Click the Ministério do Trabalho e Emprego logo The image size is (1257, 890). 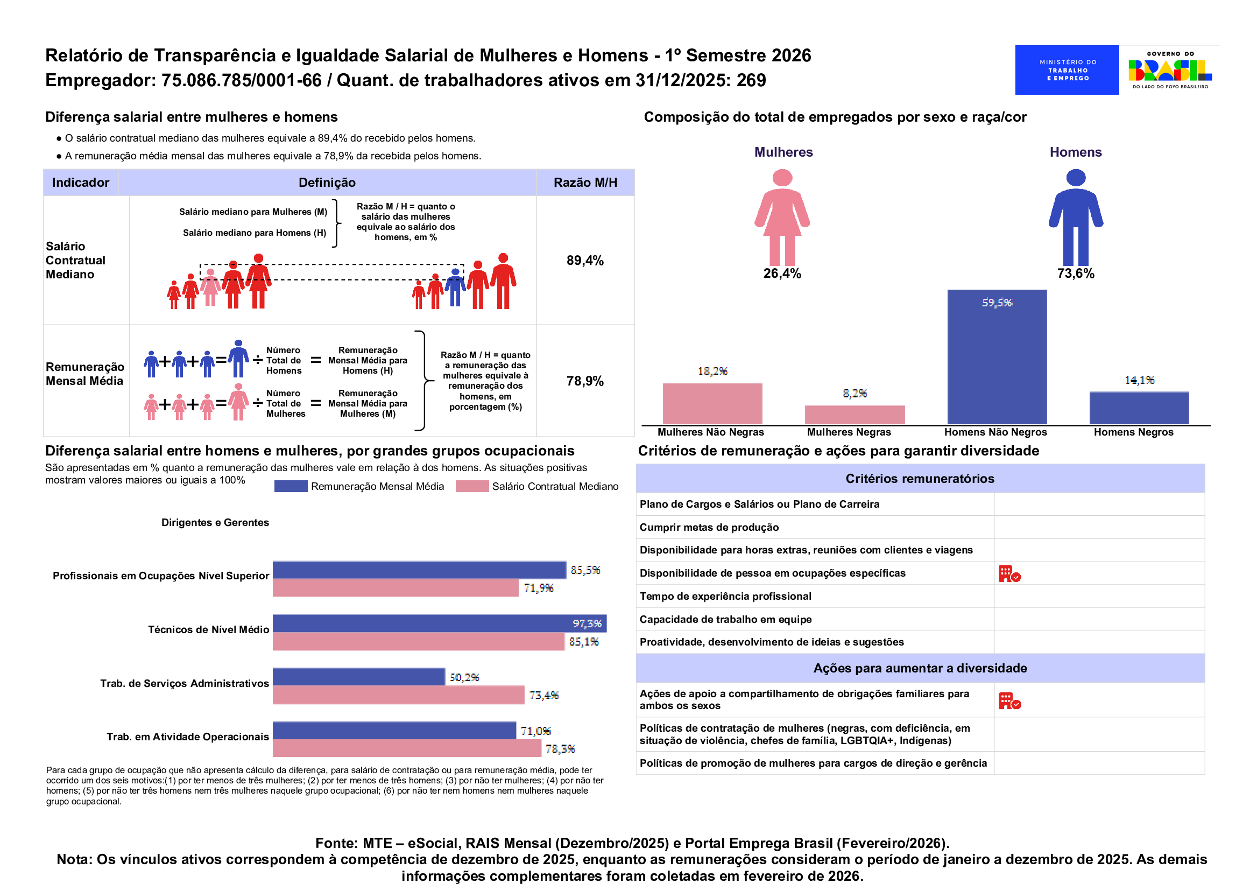click(x=1066, y=69)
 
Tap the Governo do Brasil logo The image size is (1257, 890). click(x=1169, y=69)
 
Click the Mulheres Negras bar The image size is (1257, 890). click(x=854, y=415)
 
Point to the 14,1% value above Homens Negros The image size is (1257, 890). click(x=1139, y=380)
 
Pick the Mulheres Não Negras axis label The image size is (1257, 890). click(x=710, y=432)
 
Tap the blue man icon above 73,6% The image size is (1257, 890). click(x=1075, y=217)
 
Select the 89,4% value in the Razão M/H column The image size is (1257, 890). click(x=584, y=260)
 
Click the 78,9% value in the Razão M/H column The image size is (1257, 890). click(x=584, y=381)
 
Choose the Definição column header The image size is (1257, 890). click(x=327, y=183)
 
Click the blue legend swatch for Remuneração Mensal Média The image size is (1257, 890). click(x=290, y=486)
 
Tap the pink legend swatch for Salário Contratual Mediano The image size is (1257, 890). click(x=471, y=486)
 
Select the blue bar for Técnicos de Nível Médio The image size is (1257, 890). click(x=439, y=623)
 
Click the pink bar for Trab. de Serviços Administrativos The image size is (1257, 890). click(x=398, y=695)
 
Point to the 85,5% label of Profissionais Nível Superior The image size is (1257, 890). click(x=585, y=570)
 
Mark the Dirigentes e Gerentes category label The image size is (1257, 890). click(x=215, y=522)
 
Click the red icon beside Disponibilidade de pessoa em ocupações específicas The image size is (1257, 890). click(x=1009, y=573)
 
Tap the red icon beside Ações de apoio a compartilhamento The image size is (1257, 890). click(x=1009, y=700)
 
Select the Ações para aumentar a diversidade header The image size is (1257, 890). click(x=920, y=668)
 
